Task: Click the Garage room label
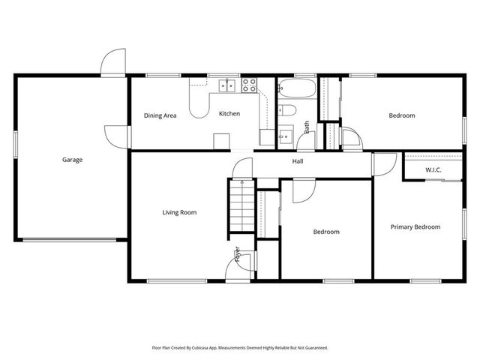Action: point(72,160)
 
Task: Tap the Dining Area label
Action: point(160,115)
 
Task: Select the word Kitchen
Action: point(229,113)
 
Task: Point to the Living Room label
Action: point(179,212)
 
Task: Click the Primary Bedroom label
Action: point(415,226)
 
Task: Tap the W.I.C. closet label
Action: point(433,170)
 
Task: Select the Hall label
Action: point(298,161)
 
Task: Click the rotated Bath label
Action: point(307,127)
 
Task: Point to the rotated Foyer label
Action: point(238,253)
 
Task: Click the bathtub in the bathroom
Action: point(297,88)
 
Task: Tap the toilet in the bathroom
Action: point(287,110)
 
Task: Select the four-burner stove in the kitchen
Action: point(249,85)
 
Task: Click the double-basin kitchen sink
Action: point(226,85)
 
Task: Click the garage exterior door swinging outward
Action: point(113,61)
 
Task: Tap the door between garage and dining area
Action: point(118,136)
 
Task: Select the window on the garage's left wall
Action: point(15,145)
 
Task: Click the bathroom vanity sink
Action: point(286,135)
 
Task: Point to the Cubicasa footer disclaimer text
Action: point(240,348)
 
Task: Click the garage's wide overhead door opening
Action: point(70,240)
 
